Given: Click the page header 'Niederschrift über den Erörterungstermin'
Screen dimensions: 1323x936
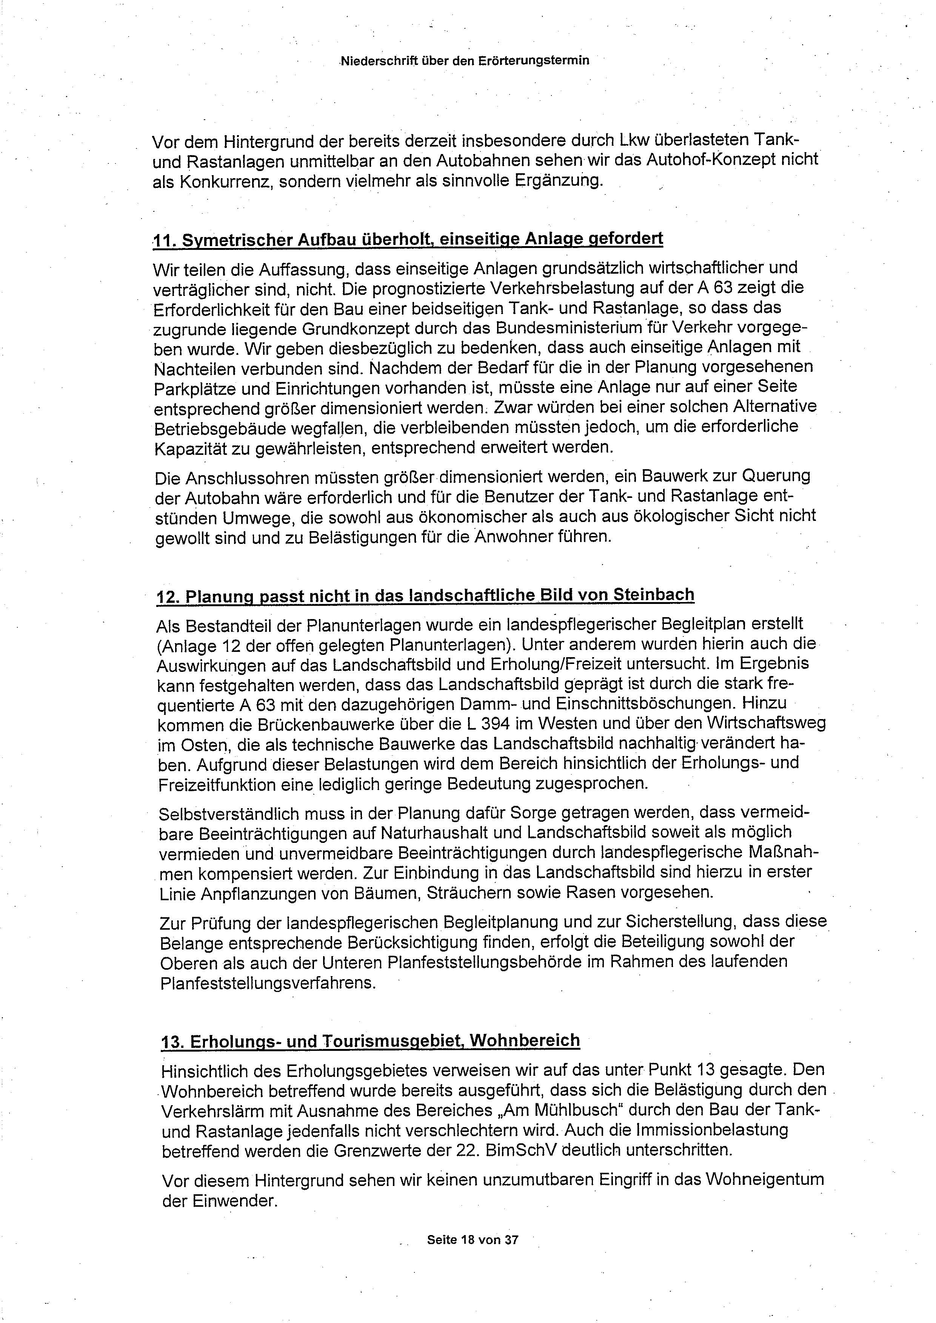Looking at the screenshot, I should click(x=465, y=60).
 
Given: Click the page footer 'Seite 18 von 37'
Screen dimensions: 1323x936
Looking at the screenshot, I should click(x=473, y=1240).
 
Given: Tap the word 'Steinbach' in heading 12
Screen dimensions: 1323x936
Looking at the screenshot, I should click(x=654, y=595).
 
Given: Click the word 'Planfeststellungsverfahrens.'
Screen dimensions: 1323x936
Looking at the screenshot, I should click(x=268, y=982).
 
